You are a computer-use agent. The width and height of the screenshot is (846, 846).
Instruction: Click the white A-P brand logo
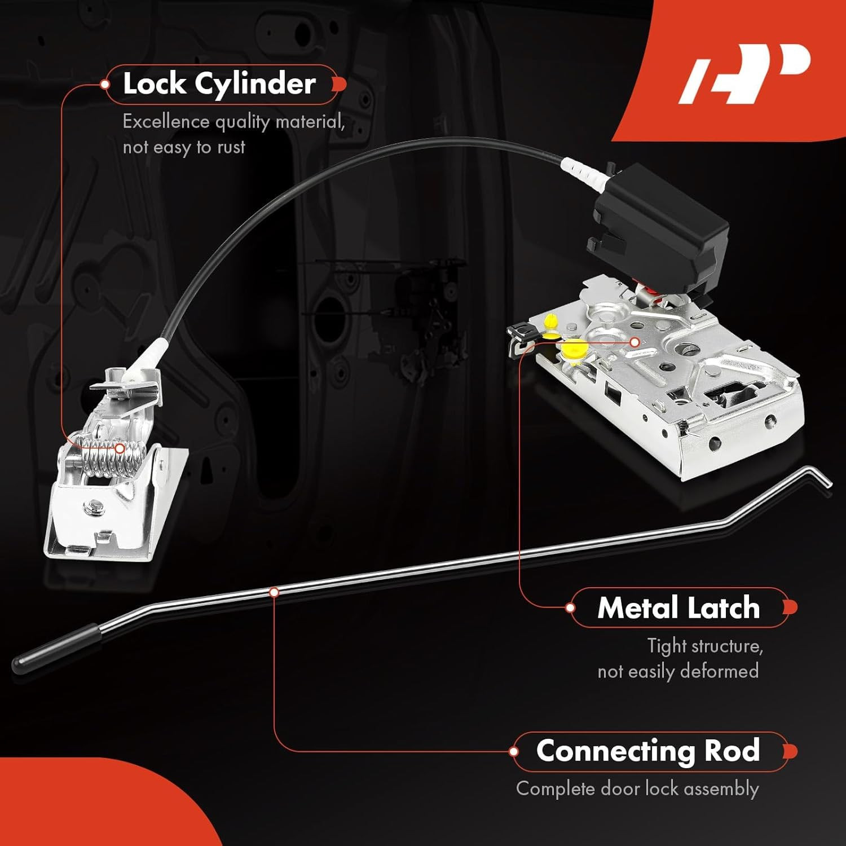tap(744, 73)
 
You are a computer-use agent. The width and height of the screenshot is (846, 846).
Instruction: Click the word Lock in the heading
tap(154, 83)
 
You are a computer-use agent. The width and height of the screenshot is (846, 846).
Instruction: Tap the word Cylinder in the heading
tap(255, 85)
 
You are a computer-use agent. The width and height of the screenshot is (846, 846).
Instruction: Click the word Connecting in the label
tap(615, 752)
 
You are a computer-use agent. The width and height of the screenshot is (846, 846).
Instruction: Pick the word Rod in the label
tap(732, 751)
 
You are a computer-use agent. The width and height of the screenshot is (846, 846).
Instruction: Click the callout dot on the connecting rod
tap(274, 592)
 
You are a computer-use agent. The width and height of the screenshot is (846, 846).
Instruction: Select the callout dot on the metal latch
tap(635, 342)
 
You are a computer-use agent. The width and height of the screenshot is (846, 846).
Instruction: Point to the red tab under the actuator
tap(649, 291)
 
